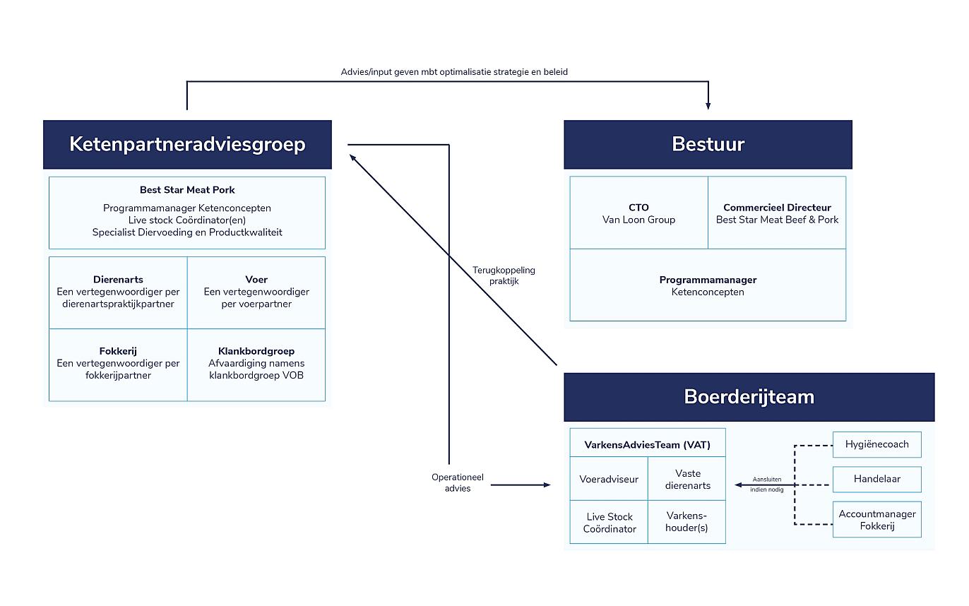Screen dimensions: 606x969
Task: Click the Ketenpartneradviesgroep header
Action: pyautogui.click(x=187, y=145)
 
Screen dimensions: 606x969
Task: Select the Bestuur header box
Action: pyautogui.click(x=708, y=145)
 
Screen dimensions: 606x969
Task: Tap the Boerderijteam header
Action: pyautogui.click(x=749, y=397)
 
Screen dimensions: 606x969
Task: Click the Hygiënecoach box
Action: pyautogui.click(x=876, y=444)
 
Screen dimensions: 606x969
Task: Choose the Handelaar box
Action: pyautogui.click(x=876, y=479)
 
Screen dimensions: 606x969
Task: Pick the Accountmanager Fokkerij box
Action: pyautogui.click(x=876, y=520)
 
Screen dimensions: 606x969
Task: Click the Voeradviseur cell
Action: pyautogui.click(x=608, y=479)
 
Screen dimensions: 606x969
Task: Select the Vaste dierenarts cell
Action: pyautogui.click(x=686, y=480)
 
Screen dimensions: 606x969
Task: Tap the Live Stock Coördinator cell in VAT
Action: pyautogui.click(x=609, y=523)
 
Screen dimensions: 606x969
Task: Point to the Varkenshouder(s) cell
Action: pyautogui.click(x=686, y=523)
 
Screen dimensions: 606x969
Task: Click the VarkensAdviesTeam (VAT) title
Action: pyautogui.click(x=647, y=445)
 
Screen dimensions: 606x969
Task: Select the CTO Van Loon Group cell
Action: pyautogui.click(x=638, y=213)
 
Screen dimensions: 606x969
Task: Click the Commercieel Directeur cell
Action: pyautogui.click(x=777, y=213)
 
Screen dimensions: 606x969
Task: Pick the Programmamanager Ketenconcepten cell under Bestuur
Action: pyautogui.click(x=708, y=285)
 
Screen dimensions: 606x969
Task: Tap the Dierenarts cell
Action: pyautogui.click(x=118, y=292)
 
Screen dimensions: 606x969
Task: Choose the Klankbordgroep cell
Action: pyautogui.click(x=256, y=363)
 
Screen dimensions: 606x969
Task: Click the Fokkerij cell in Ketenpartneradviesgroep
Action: pyautogui.click(x=118, y=363)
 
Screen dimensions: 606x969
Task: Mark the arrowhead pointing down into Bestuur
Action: pyautogui.click(x=708, y=106)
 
